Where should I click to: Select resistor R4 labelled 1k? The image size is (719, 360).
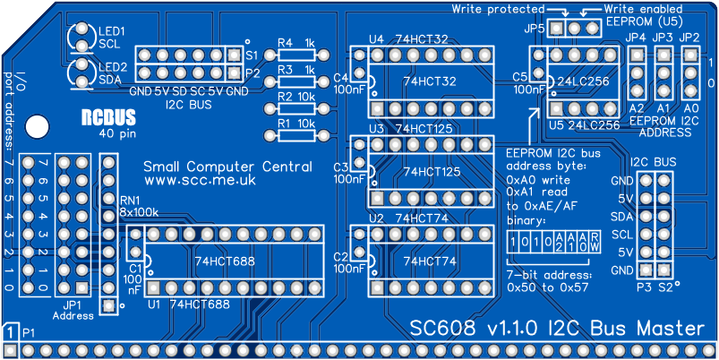tap(296, 56)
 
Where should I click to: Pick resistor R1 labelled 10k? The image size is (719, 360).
tap(296, 136)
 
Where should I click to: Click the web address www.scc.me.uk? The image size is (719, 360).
tap(201, 180)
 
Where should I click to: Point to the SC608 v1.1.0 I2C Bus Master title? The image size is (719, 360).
tap(557, 330)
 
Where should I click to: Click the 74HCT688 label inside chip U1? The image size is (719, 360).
tap(226, 261)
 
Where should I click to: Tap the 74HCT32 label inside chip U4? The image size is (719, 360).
tap(430, 81)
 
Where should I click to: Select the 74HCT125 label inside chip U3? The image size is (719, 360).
tap(433, 171)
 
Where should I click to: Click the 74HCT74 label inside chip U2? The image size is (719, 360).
tap(430, 261)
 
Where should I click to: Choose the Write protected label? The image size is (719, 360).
tap(498, 8)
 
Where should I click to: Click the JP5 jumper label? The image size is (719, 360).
tap(535, 29)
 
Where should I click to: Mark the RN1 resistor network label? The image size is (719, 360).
tap(131, 199)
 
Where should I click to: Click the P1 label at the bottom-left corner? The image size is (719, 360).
tap(30, 333)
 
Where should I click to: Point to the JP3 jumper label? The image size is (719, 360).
tap(663, 38)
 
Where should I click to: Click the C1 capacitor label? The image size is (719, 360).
tap(135, 267)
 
